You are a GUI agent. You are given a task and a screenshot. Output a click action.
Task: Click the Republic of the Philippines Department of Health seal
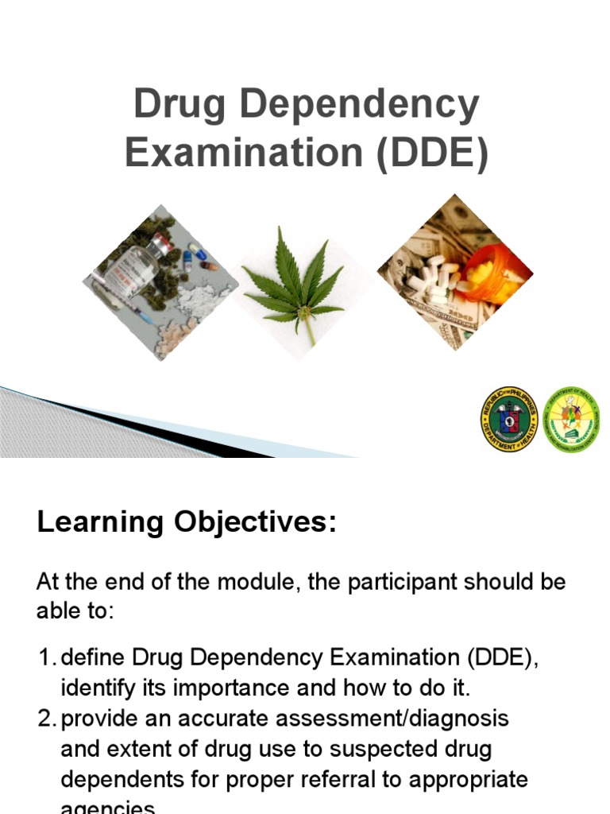pos(509,420)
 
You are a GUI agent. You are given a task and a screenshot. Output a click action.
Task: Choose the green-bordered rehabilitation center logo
pos(571,420)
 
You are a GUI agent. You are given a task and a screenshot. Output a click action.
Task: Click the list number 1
pos(45,657)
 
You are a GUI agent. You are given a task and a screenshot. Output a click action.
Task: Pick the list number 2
pos(45,718)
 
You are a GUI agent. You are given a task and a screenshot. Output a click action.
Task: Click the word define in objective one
pos(94,657)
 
